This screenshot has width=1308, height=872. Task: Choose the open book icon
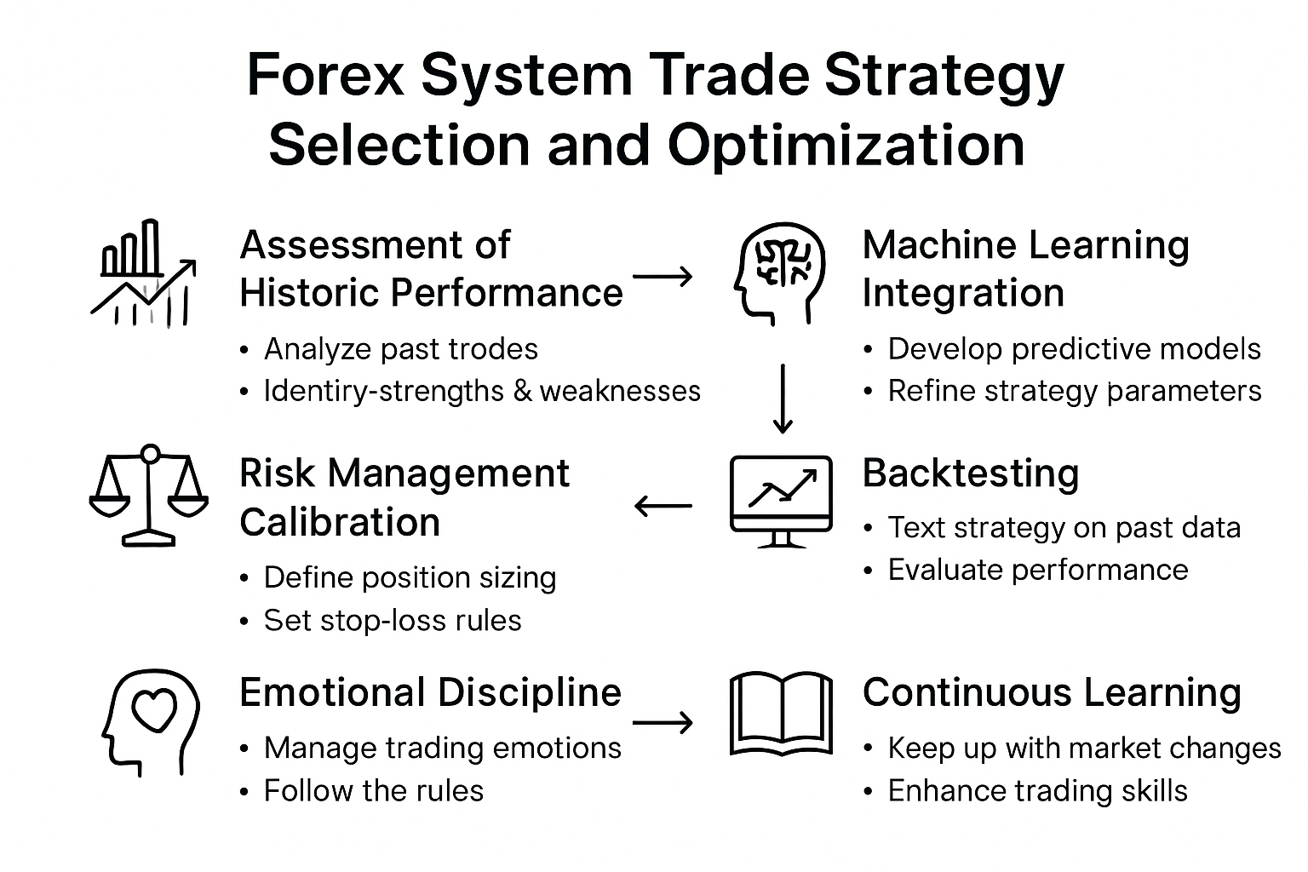[781, 714]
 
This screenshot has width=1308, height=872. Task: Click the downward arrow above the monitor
[782, 399]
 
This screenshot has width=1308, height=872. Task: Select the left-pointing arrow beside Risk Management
[663, 507]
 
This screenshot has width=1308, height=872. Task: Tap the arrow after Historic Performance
[663, 276]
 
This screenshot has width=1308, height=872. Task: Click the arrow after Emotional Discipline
[663, 723]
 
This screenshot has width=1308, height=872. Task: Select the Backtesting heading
[971, 473]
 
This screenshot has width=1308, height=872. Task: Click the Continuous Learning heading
[1052, 693]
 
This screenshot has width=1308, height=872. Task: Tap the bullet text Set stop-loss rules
[393, 621]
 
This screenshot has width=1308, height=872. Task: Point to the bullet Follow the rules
[374, 791]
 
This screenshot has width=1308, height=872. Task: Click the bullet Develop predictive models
[1074, 349]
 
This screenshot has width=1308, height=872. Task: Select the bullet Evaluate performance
[1038, 570]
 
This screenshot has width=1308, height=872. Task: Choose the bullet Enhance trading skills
[1037, 791]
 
